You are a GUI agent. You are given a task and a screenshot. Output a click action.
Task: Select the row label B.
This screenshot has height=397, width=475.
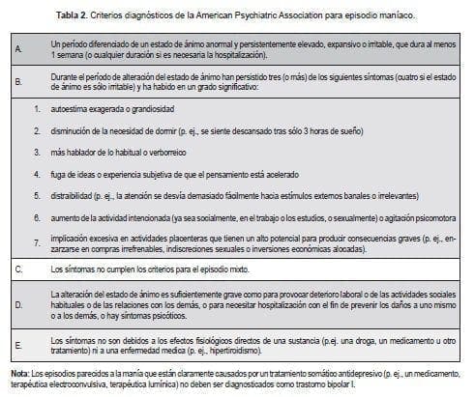pyautogui.click(x=18, y=83)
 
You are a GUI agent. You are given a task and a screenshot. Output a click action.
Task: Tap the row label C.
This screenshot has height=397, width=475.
pyautogui.click(x=18, y=266)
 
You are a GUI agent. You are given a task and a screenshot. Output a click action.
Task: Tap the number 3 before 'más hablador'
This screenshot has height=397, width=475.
pyautogui.click(x=37, y=153)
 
